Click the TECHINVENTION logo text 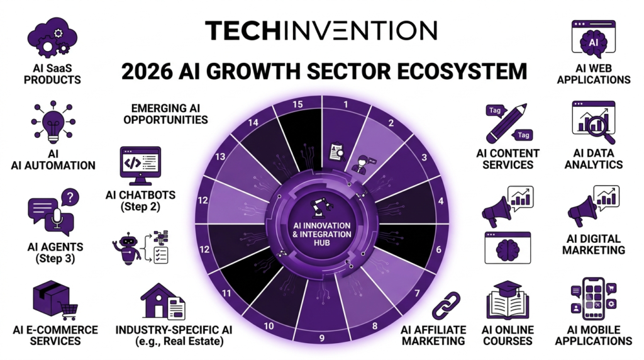coord(321,30)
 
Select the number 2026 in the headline coord(147,71)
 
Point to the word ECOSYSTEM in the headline coord(462,71)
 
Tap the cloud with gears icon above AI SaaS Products coord(52,37)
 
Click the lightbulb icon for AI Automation coord(53,121)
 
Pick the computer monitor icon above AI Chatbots coord(140,166)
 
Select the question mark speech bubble coord(70,198)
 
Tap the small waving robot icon coord(128,248)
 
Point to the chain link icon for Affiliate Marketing coord(446,306)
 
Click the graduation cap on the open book coord(508,287)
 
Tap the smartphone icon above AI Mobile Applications coord(593,298)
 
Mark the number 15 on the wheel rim coord(297,104)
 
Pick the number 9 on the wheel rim coord(321,338)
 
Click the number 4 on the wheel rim coord(441,201)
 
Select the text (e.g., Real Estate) coord(179,341)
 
